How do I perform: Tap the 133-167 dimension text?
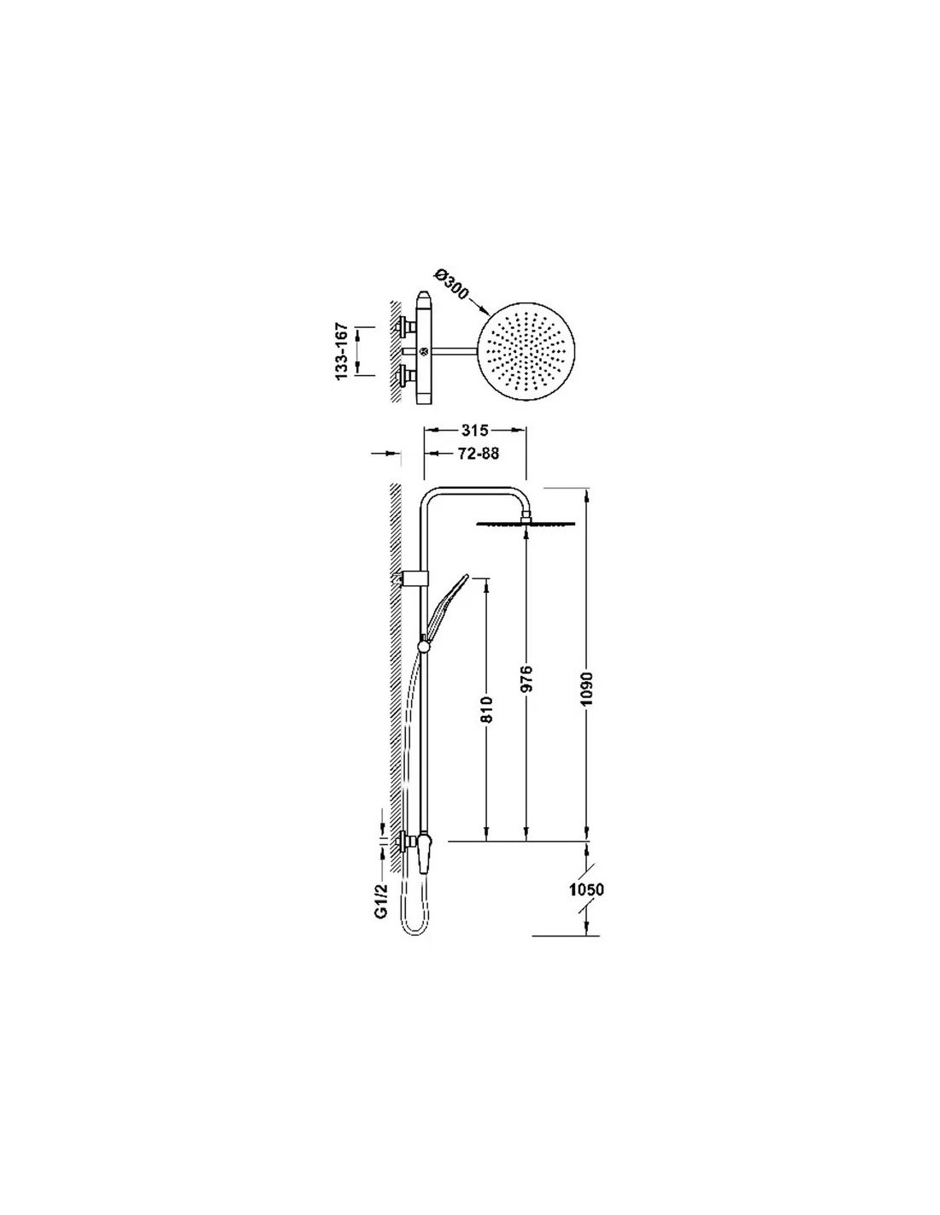[343, 351]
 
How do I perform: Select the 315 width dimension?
[475, 430]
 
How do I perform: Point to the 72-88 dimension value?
[478, 454]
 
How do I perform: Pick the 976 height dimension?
[526, 678]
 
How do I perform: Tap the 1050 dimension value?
[586, 889]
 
